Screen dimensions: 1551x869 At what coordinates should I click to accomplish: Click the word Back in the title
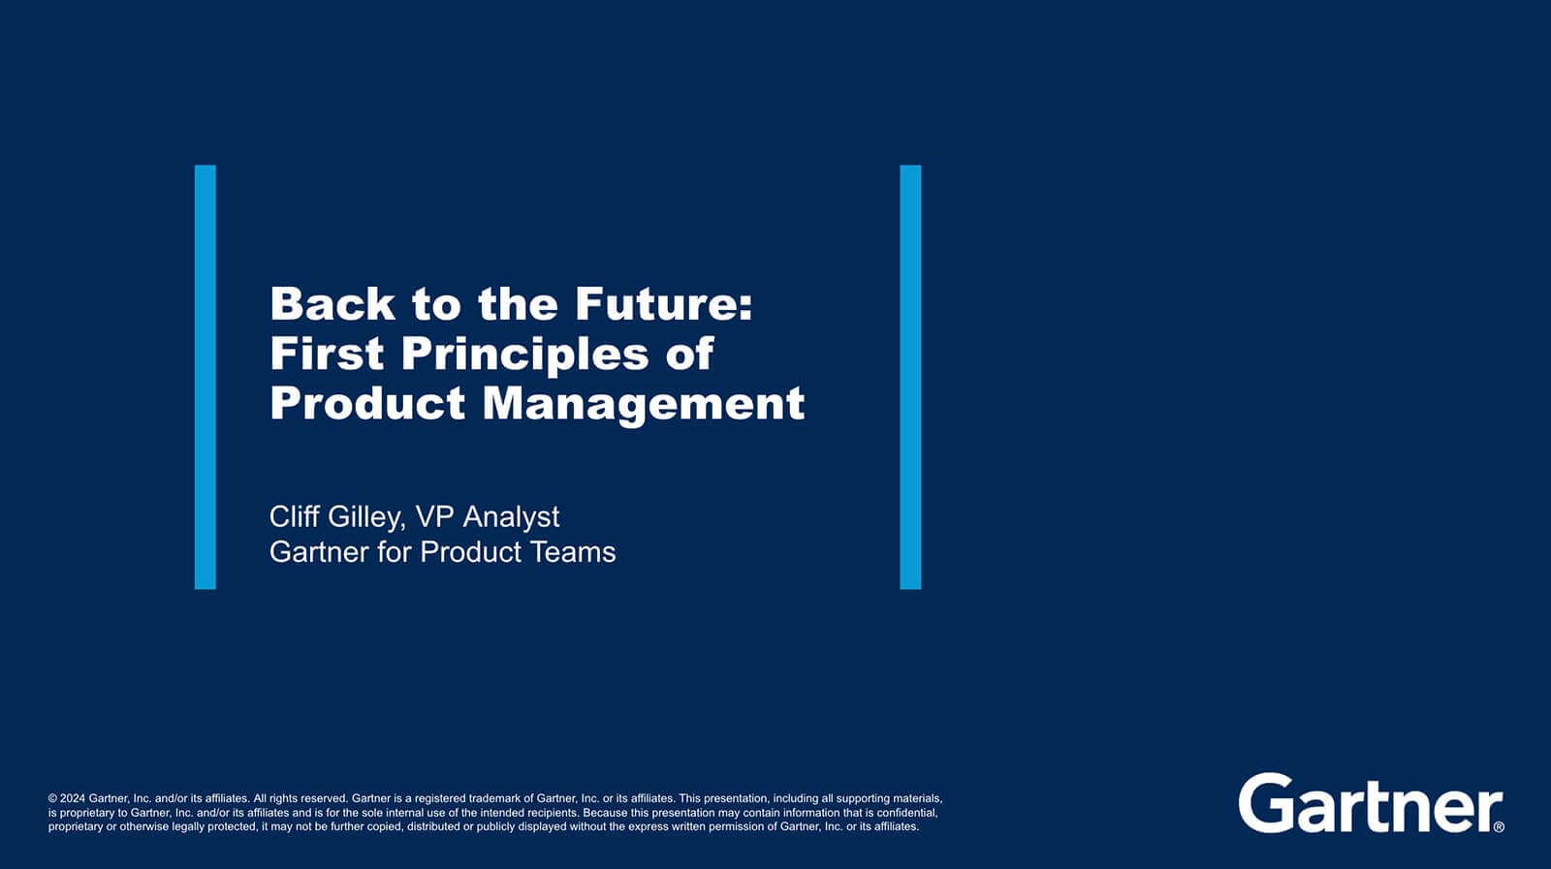click(x=332, y=304)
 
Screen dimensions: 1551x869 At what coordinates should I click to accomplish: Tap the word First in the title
click(x=327, y=354)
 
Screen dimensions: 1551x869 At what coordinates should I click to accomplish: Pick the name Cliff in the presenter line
click(x=295, y=516)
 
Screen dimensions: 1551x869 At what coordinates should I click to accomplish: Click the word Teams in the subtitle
click(x=573, y=552)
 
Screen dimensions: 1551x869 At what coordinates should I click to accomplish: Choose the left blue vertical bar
click(x=205, y=377)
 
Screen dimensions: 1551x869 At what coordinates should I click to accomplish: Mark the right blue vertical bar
click(x=910, y=377)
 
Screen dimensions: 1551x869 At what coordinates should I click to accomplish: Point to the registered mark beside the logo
click(x=1499, y=826)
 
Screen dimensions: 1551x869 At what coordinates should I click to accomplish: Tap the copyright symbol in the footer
click(x=52, y=798)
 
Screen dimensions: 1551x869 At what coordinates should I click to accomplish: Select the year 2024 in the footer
click(x=73, y=798)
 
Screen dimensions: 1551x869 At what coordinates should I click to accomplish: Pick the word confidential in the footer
click(x=907, y=813)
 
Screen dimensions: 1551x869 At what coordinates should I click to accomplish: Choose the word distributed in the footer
click(x=433, y=826)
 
